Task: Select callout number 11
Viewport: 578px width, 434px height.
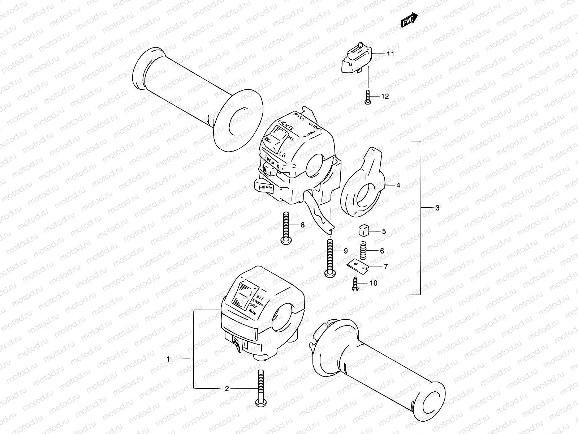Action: point(390,54)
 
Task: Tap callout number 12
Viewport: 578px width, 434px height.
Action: point(385,96)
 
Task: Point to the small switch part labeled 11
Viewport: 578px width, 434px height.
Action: point(358,58)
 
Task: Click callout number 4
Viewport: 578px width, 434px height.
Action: point(398,185)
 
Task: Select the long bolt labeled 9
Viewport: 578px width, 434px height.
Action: point(331,258)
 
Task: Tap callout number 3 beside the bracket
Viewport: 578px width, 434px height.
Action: point(437,208)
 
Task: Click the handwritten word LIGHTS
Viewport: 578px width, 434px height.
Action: point(285,126)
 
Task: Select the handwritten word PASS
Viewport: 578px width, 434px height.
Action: point(299,116)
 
